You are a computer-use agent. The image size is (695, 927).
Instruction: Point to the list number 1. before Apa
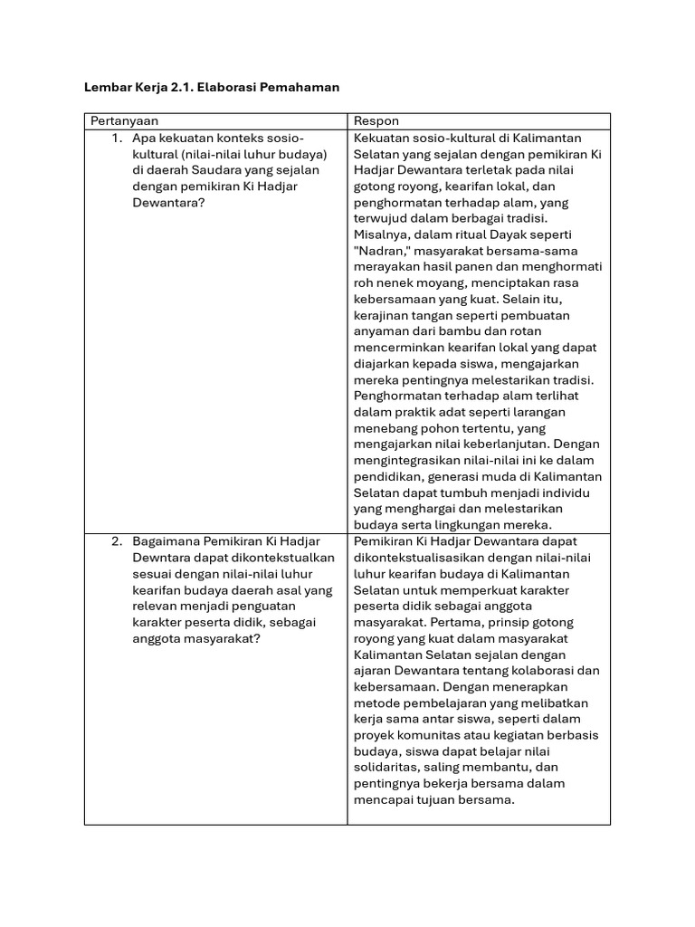(117, 138)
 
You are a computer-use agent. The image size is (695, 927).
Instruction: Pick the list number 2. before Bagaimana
(117, 541)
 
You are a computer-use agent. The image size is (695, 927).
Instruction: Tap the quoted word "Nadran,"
(379, 251)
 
